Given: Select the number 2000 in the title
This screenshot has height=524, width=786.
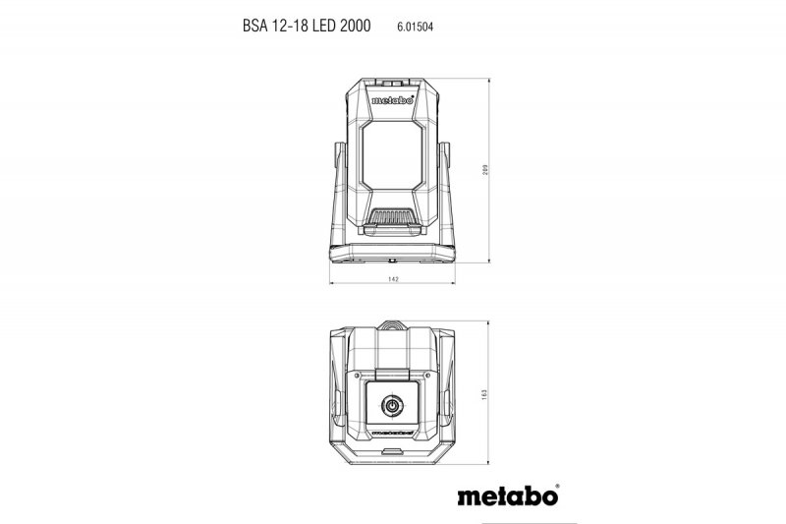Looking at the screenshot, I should click(351, 29).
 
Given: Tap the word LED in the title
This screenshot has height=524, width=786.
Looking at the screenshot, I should click(315, 29).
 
